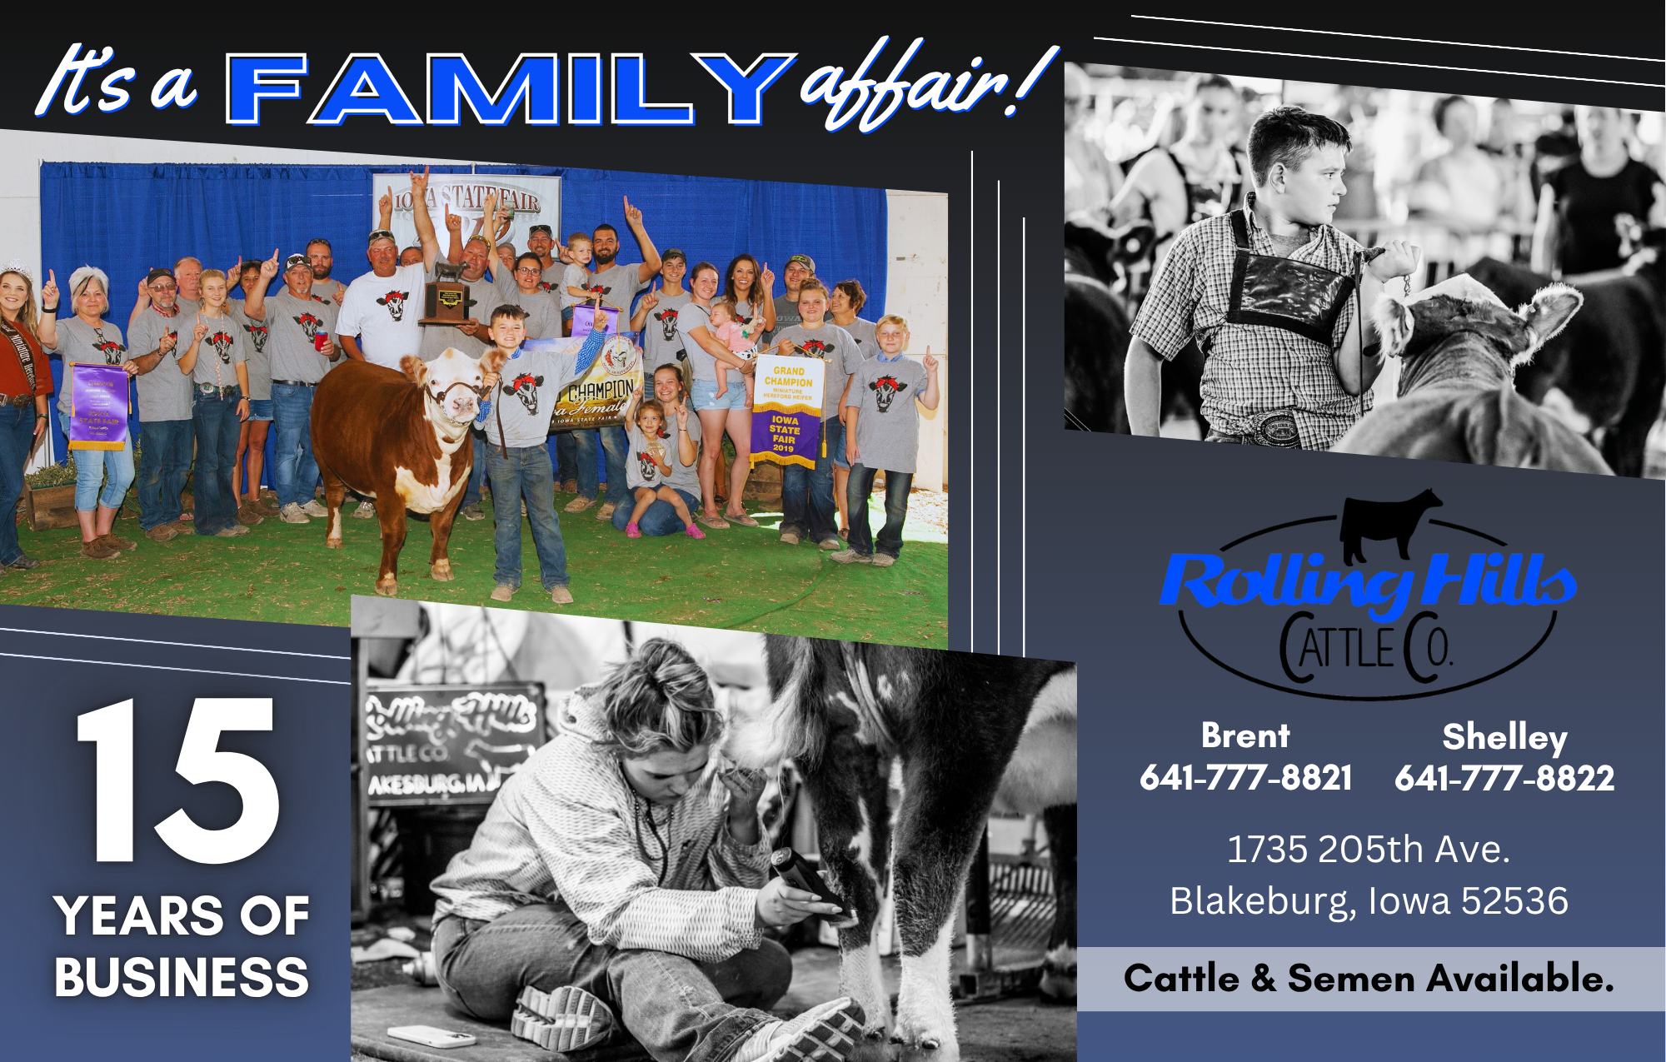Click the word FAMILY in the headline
[x=508, y=89]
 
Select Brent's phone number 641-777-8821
[x=1245, y=777]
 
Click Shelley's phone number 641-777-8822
[x=1504, y=778]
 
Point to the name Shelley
[x=1504, y=737]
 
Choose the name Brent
[x=1245, y=735]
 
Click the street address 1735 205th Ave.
[x=1368, y=850]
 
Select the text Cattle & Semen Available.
[x=1369, y=979]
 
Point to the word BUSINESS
[x=182, y=977]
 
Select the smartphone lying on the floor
[x=431, y=1036]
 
